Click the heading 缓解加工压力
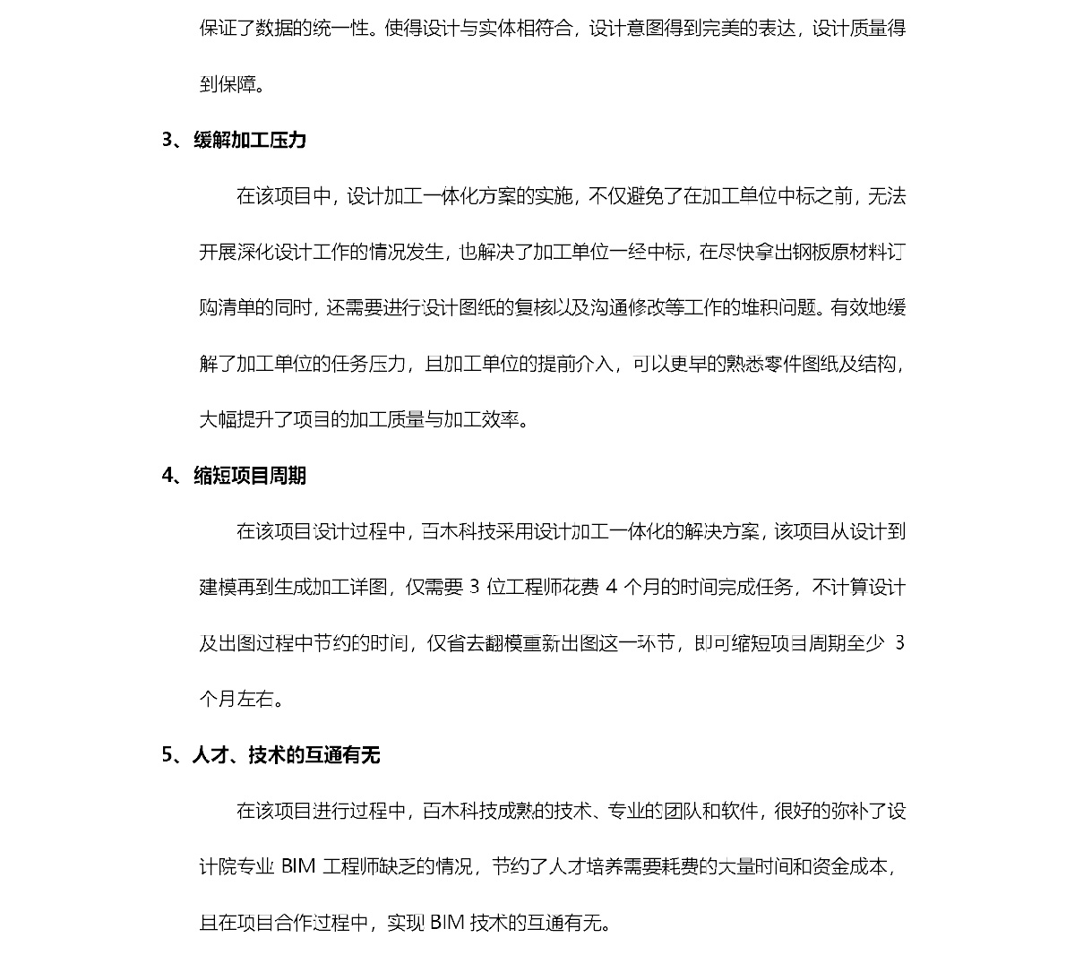tap(250, 140)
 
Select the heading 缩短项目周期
tap(250, 476)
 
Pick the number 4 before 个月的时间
tap(613, 588)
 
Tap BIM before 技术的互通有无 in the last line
tap(447, 923)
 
